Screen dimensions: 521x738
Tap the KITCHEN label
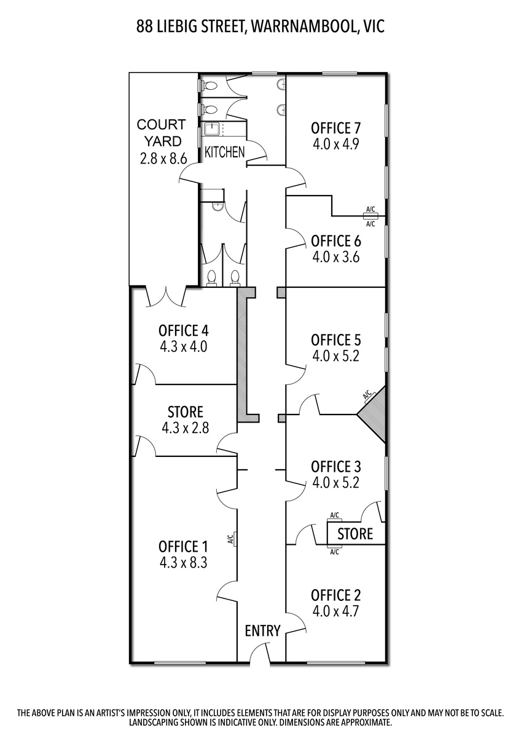[225, 152]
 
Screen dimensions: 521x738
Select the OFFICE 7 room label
[336, 128]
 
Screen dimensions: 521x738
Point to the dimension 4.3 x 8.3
[183, 563]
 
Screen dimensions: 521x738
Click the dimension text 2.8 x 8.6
[163, 159]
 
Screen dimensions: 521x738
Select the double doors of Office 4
[166, 296]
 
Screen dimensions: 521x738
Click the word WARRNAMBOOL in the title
[304, 26]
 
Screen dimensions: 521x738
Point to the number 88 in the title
[144, 26]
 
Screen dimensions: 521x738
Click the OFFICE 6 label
[336, 241]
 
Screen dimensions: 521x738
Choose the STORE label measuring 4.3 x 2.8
[186, 412]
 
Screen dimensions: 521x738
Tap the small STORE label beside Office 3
[355, 534]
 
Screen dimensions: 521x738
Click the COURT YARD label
[161, 133]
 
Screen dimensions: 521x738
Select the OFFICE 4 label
[183, 330]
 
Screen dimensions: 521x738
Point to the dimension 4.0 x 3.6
[335, 257]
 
